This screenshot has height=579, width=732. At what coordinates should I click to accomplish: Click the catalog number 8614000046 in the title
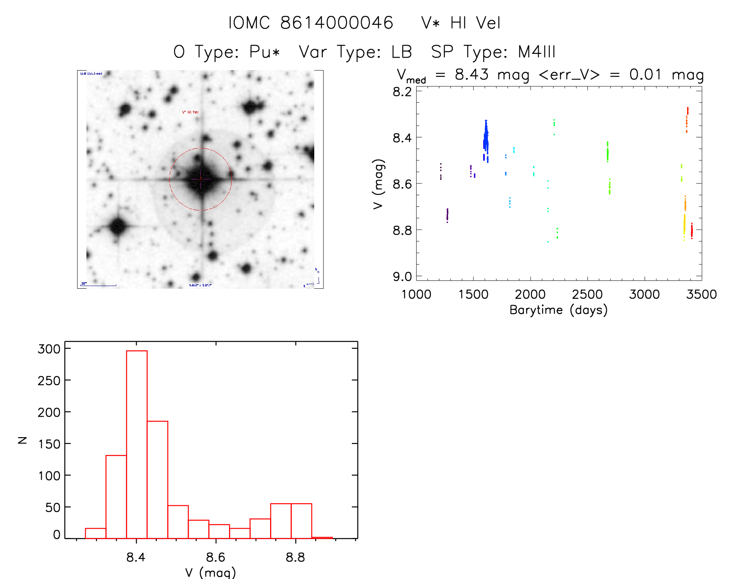(336, 23)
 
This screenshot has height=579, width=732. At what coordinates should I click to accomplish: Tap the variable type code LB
(401, 52)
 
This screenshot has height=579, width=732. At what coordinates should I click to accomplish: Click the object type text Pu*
(264, 52)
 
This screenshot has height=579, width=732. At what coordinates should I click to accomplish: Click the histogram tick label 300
(49, 349)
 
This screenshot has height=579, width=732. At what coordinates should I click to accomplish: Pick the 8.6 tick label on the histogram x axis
(215, 557)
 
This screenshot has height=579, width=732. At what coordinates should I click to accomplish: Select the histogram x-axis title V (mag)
(210, 572)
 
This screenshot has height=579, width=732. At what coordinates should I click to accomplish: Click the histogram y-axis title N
(22, 440)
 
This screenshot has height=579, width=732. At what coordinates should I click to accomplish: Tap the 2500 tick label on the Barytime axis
(587, 294)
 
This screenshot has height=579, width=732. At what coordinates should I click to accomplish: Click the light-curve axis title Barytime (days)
(558, 310)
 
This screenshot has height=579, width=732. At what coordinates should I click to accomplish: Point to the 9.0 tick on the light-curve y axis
(402, 276)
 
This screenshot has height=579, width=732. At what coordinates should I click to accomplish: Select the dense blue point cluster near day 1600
(486, 141)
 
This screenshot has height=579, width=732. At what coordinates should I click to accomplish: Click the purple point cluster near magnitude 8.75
(447, 215)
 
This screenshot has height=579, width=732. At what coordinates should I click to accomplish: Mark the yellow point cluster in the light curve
(684, 227)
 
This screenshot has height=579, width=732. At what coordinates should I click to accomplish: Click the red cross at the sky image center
(200, 179)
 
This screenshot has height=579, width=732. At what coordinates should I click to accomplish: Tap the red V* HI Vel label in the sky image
(190, 112)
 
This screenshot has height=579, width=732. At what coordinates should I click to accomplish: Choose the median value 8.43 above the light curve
(472, 74)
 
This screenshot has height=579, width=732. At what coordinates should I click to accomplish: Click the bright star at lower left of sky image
(117, 226)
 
